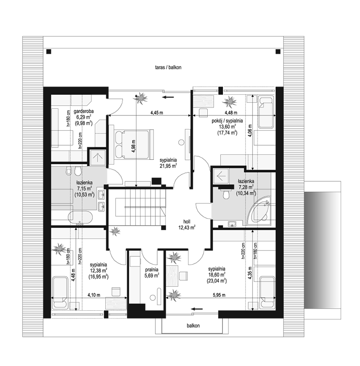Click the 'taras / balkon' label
[168, 68]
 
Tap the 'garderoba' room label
[83, 111]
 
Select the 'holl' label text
[187, 222]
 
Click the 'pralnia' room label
[151, 269]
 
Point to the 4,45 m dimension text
[157, 113]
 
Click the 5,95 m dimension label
[219, 295]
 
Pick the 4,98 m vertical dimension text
[133, 146]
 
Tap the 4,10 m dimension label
[94, 295]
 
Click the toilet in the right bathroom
[226, 194]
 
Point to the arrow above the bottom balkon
[197, 309]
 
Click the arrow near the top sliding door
[168, 97]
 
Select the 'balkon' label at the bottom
[193, 325]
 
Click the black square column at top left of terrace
[49, 51]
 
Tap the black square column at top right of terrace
[278, 51]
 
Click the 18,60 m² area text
[217, 275]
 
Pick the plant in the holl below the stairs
[115, 231]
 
